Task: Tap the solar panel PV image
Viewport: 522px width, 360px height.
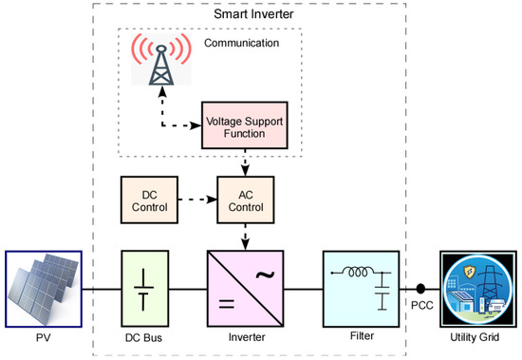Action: click(x=43, y=285)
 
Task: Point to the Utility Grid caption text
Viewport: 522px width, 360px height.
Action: click(x=479, y=337)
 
